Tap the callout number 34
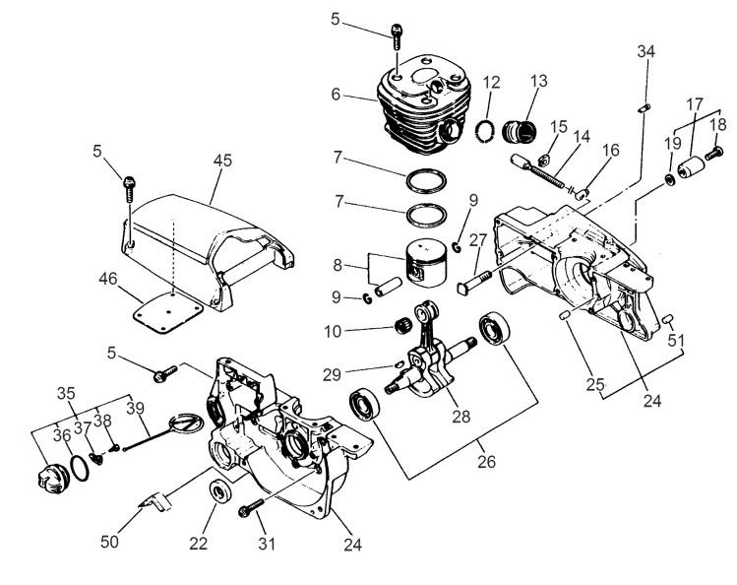click(645, 51)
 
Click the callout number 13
click(538, 81)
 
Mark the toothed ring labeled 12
click(485, 129)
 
